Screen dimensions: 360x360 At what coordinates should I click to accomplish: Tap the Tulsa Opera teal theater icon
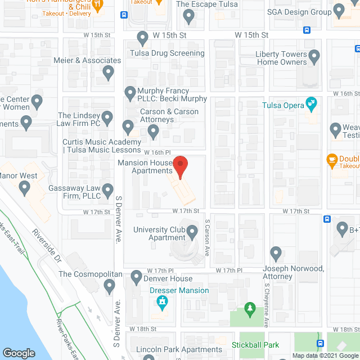[310, 103]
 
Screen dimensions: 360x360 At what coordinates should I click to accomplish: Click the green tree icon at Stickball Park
[250, 309]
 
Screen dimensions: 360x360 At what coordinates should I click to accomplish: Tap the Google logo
[19, 353]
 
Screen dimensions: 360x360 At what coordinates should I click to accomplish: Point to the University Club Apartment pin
[192, 231]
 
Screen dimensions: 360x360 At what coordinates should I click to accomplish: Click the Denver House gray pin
[136, 277]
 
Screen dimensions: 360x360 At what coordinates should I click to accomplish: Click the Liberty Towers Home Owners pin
[314, 56]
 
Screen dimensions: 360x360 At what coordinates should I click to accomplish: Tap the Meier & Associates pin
[108, 71]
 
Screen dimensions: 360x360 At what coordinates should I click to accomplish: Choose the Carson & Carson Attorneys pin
[153, 131]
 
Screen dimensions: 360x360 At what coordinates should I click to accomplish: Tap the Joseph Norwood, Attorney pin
[276, 253]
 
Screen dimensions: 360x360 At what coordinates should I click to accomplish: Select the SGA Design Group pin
[339, 10]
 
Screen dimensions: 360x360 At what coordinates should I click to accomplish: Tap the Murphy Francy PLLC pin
[130, 92]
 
